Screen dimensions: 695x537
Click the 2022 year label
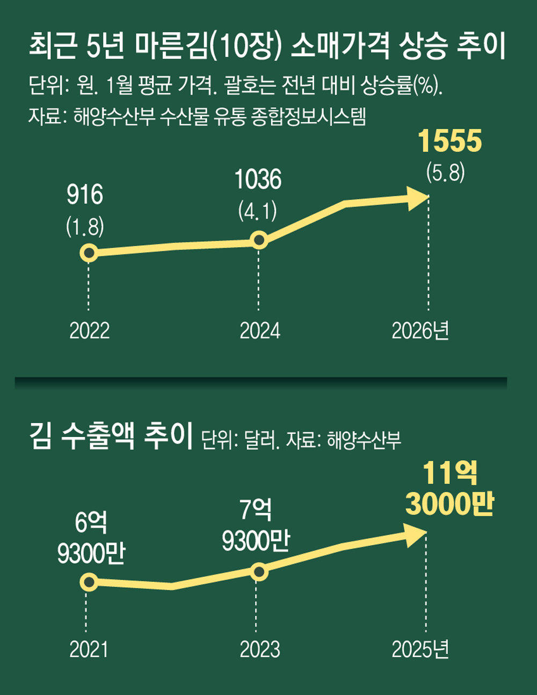click(89, 331)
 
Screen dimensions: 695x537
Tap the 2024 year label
click(260, 331)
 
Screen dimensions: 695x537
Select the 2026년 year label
click(420, 331)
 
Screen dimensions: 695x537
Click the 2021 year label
click(89, 649)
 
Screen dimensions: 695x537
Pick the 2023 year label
click(260, 649)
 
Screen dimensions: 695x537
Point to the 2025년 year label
click(420, 649)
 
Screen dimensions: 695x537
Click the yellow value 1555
click(450, 142)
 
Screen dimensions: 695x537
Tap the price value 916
click(85, 195)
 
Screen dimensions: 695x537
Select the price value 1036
click(258, 180)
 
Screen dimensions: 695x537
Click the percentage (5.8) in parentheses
click(445, 173)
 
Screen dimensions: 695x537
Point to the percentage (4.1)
click(258, 211)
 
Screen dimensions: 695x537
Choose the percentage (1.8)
click(85, 227)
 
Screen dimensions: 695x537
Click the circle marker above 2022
click(89, 253)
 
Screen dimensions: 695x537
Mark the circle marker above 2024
click(259, 239)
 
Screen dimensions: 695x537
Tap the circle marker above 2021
click(89, 582)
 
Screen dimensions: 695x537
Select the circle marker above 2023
click(259, 572)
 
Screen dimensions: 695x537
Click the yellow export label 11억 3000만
click(449, 489)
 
